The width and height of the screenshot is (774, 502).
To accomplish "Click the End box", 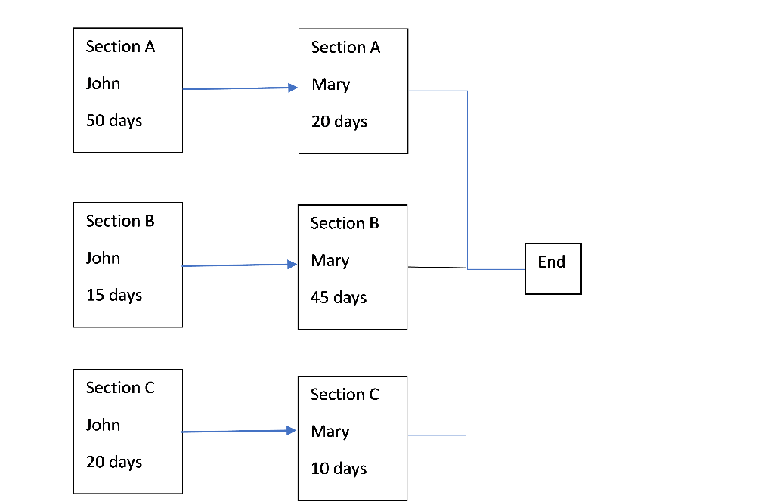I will [553, 268].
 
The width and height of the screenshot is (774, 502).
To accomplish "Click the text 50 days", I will [114, 120].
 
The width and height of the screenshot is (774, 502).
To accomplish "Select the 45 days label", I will [339, 297].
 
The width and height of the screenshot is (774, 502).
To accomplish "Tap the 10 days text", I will [339, 469].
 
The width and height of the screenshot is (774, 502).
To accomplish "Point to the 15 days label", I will [114, 295].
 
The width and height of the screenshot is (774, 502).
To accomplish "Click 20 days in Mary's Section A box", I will [339, 122].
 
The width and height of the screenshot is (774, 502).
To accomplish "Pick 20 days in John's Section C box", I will [114, 462].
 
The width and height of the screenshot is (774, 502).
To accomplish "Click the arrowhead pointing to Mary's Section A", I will [293, 88].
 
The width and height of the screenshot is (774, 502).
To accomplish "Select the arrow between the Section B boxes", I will [238, 265].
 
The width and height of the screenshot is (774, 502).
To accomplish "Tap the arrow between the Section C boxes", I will [238, 432].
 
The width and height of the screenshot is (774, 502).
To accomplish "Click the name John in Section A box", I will [103, 83].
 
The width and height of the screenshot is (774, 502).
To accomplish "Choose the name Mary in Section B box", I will [330, 261].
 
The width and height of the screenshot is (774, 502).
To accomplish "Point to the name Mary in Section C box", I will [330, 432].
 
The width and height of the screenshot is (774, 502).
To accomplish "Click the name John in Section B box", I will [103, 258].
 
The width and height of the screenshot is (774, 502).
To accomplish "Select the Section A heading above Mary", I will [345, 48].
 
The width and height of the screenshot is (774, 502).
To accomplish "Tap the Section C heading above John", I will [120, 388].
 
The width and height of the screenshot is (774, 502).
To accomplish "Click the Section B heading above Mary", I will [345, 224].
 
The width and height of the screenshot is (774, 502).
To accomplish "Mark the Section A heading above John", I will [120, 47].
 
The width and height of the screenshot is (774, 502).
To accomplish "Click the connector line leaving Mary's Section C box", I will [437, 435].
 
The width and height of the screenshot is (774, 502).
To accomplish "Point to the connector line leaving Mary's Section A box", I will [438, 91].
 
